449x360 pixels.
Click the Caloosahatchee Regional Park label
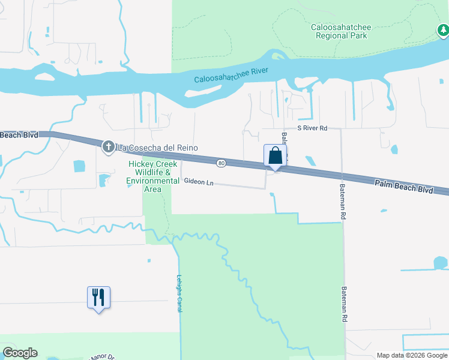340,31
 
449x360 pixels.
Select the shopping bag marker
275,156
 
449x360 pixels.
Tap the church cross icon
108,146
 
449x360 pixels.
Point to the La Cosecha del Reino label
157,148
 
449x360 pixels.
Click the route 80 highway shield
221,163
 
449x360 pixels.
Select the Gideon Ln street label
199,181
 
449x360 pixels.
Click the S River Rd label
312,128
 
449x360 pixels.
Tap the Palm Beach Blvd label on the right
405,188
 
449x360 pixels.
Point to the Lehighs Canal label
179,293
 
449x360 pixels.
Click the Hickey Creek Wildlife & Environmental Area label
153,177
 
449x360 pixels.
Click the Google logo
20,353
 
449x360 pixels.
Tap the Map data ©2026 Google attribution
412,355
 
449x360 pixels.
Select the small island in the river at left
44,76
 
